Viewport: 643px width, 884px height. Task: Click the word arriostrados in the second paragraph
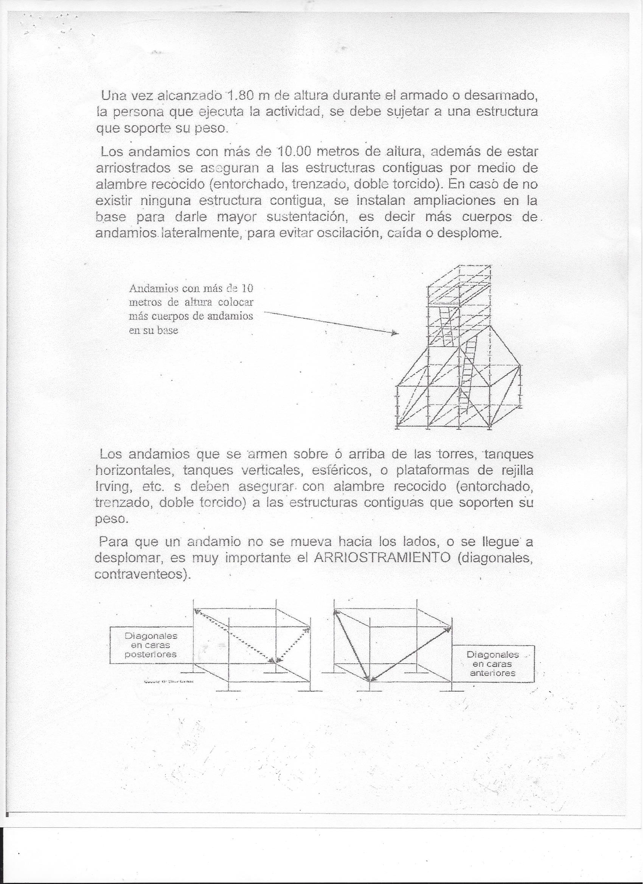[133, 168]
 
